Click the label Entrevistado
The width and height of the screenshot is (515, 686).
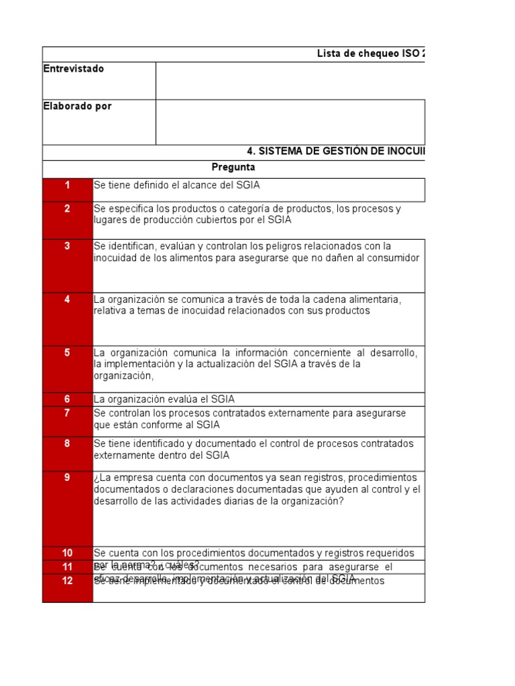[74, 69]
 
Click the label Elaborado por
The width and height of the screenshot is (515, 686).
[78, 107]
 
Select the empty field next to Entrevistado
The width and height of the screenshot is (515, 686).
[290, 80]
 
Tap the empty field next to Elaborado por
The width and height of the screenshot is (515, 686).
[290, 122]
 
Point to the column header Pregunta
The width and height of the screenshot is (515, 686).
[233, 167]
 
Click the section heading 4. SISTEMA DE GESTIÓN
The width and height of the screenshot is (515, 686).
[336, 152]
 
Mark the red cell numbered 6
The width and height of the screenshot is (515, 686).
[67, 399]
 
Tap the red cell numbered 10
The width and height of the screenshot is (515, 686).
[67, 553]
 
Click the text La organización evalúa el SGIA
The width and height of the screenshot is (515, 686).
[164, 399]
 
